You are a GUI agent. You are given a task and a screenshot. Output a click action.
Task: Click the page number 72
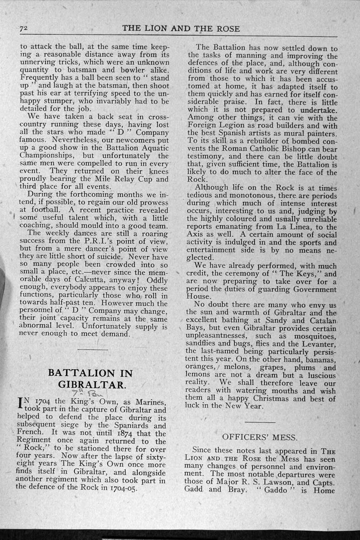pyautogui.click(x=23, y=29)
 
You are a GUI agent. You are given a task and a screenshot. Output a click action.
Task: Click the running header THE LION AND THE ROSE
pyautogui.click(x=181, y=29)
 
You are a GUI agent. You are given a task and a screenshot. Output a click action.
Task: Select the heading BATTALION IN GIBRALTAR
pyautogui.click(x=90, y=378)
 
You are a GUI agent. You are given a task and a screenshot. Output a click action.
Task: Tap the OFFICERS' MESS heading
pyautogui.click(x=260, y=437)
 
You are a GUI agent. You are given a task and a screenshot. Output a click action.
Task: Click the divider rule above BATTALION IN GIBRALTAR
pyautogui.click(x=93, y=349)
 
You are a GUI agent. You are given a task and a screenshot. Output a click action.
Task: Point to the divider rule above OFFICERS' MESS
pyautogui.click(x=260, y=421)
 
